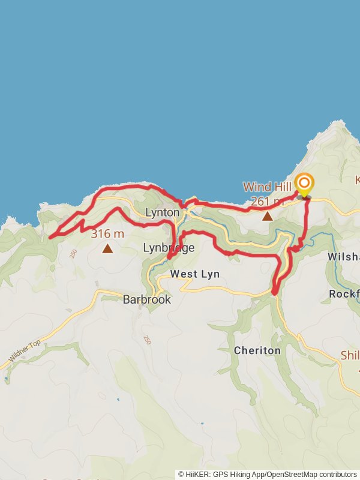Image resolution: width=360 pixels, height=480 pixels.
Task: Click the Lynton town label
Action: click(x=162, y=212)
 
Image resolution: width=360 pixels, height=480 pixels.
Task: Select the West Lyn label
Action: click(x=194, y=274)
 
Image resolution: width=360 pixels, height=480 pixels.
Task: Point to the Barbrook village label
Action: click(x=147, y=299)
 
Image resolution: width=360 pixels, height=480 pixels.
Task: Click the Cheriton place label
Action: click(x=257, y=350)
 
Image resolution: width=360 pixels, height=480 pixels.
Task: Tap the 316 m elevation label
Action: click(x=107, y=234)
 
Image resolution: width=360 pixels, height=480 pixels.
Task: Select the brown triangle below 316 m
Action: click(x=107, y=248)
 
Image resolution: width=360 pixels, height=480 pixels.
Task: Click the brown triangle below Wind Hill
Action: click(x=267, y=216)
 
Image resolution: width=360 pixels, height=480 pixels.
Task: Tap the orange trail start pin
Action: click(x=304, y=184)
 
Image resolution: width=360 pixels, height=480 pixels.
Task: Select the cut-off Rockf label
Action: click(x=344, y=294)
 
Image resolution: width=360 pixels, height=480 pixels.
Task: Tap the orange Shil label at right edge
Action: click(x=350, y=355)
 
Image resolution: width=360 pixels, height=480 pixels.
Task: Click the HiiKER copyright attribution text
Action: click(x=268, y=474)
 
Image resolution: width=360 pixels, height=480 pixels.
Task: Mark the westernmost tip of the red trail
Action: click(x=49, y=237)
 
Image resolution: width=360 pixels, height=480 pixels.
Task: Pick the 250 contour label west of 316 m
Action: click(x=73, y=254)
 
